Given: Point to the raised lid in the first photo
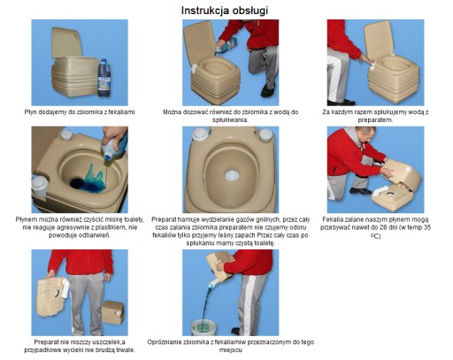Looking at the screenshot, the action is [65, 42].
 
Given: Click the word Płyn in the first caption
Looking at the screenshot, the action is [30, 112].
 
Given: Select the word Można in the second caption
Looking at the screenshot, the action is [172, 112].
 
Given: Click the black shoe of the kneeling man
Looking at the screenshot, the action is [268, 90].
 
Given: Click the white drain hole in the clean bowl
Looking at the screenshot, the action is [233, 176].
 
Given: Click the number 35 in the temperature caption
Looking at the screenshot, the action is [426, 228].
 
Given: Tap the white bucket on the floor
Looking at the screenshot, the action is [204, 327].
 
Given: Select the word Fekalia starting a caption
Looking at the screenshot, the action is [332, 220].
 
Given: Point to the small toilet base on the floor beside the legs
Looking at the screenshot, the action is [112, 312].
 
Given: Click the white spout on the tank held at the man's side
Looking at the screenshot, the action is [65, 288].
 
